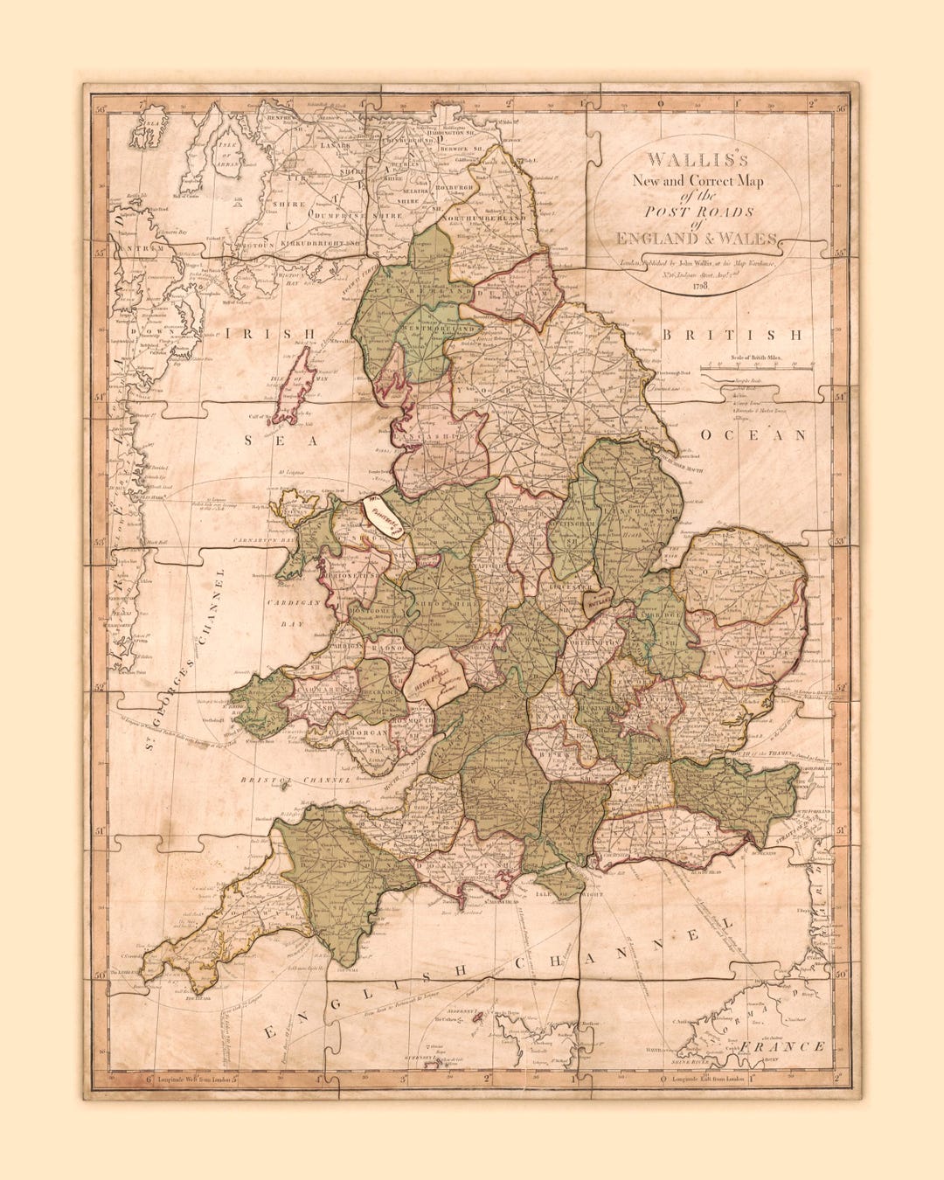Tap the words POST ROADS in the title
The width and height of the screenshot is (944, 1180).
tap(698, 212)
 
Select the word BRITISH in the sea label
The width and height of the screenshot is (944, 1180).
tap(732, 335)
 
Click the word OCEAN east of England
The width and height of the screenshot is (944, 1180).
tap(752, 434)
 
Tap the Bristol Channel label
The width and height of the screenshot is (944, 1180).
tap(296, 779)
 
